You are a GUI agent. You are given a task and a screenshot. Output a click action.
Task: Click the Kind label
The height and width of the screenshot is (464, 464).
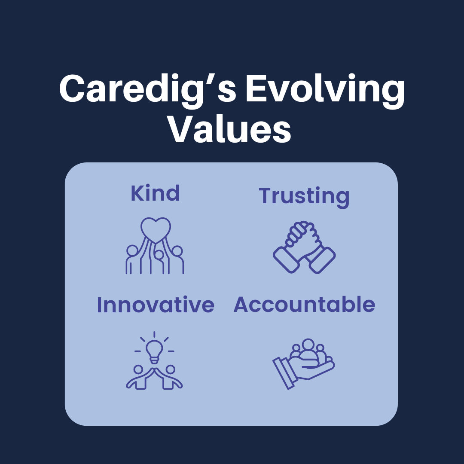pyautogui.click(x=155, y=193)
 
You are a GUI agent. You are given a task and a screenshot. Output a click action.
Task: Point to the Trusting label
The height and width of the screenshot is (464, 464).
pyautogui.click(x=304, y=196)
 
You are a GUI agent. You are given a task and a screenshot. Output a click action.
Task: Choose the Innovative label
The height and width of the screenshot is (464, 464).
pyautogui.click(x=155, y=305)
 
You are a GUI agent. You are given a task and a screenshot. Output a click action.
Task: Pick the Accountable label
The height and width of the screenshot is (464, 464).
pyautogui.click(x=304, y=305)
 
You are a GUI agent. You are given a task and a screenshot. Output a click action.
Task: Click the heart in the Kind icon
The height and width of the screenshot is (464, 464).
pyautogui.click(x=156, y=228)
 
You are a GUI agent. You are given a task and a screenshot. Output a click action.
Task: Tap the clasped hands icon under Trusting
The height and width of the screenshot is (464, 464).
pyautogui.click(x=304, y=247)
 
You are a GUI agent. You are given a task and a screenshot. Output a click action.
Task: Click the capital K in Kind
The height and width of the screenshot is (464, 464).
pyautogui.click(x=137, y=193)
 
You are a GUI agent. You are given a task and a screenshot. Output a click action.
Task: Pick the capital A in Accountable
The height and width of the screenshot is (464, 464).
pyautogui.click(x=243, y=305)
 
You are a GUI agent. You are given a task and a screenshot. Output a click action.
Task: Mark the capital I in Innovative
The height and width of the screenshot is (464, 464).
pyautogui.click(x=100, y=305)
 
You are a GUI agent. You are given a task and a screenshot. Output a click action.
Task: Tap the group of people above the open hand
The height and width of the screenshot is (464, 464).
pyautogui.click(x=308, y=350)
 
